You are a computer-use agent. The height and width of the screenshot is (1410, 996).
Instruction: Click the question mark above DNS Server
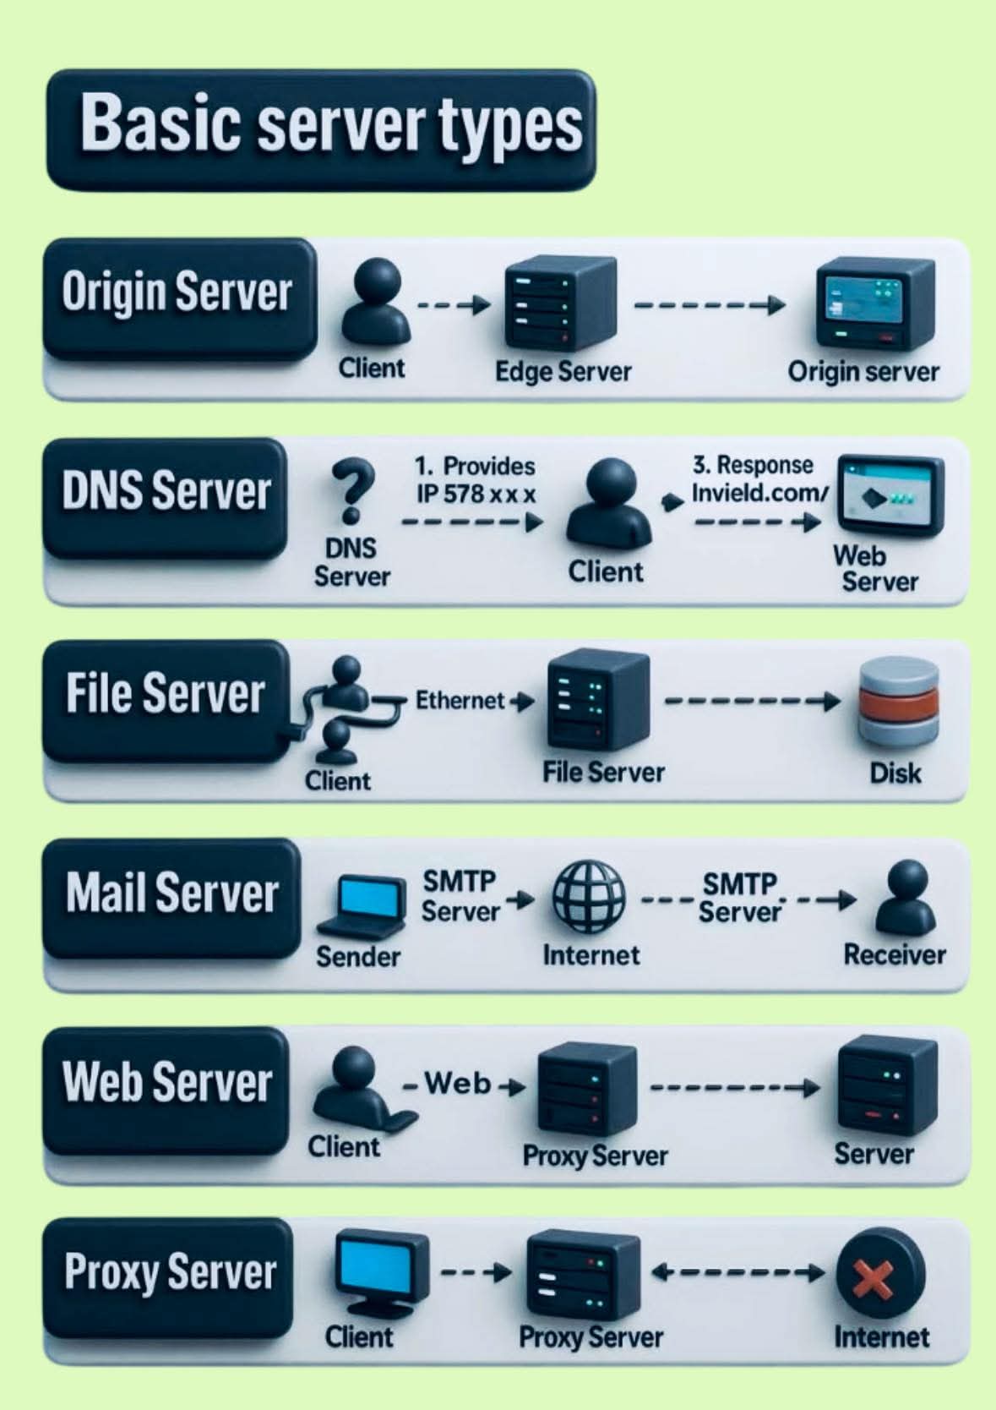[352, 491]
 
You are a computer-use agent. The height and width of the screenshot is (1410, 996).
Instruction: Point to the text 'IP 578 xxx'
[476, 494]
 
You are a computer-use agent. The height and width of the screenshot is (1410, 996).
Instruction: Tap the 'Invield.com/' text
[759, 492]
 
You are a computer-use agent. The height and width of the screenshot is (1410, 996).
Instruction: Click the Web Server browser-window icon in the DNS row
[889, 497]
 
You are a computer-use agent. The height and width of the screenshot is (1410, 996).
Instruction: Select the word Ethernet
[460, 700]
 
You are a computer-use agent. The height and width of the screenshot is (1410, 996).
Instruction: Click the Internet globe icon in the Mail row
[589, 896]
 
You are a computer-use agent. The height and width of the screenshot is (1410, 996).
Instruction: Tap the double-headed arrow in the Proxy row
[738, 1271]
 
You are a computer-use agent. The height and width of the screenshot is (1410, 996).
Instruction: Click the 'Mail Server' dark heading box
[171, 897]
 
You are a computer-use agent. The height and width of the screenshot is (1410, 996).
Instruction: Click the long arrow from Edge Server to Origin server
[710, 305]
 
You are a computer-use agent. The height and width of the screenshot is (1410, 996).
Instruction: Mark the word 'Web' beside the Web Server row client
[457, 1083]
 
